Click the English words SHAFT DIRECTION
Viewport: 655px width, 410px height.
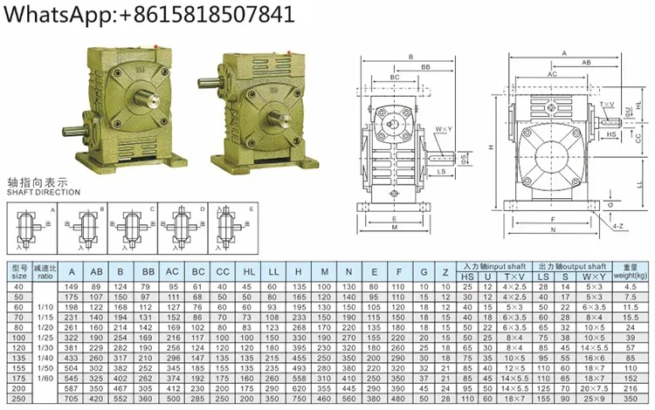[x=44, y=192]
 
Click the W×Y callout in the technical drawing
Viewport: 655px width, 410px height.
[x=443, y=131]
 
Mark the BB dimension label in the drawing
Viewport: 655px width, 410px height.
[x=424, y=66]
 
